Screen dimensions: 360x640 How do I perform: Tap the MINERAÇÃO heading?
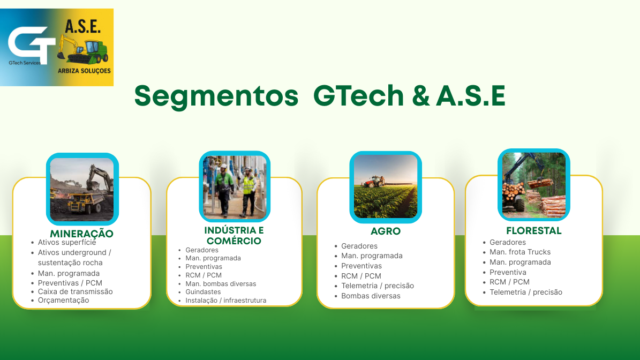click(81, 234)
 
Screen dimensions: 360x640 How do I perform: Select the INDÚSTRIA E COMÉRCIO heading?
click(234, 236)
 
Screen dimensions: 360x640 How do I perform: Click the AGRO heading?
click(386, 231)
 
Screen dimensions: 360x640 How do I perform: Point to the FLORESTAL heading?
click(533, 231)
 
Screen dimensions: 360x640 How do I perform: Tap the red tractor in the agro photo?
click(376, 182)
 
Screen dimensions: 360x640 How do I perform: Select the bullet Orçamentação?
click(63, 301)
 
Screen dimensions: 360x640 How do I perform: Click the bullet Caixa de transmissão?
click(75, 291)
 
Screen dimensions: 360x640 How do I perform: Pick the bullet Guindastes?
click(203, 292)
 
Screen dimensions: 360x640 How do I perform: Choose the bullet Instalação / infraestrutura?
click(225, 301)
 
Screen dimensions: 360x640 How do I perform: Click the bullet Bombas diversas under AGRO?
click(371, 296)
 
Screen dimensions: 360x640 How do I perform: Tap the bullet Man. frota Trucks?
click(519, 252)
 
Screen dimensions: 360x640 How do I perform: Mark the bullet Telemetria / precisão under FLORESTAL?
click(525, 292)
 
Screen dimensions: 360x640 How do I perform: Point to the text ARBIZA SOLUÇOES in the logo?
click(84, 71)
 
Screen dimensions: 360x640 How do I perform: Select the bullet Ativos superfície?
click(66, 242)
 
